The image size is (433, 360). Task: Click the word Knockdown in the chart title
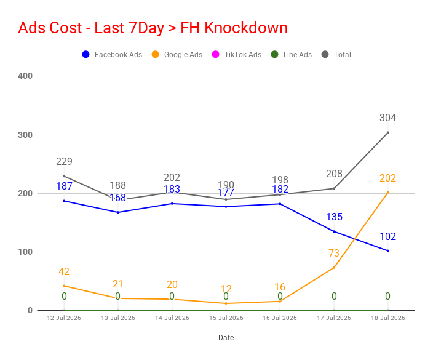point(246,28)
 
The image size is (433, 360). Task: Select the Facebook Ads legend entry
point(112,54)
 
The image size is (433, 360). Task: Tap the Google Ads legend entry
point(177,54)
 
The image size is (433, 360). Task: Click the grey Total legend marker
point(325,54)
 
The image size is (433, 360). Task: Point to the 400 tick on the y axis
point(25,76)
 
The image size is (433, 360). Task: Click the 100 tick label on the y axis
point(25,252)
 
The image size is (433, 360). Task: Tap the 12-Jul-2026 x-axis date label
point(64,318)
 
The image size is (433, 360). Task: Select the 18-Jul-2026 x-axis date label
point(387,318)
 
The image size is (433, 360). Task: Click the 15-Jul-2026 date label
point(226,318)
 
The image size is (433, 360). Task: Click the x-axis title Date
point(226,338)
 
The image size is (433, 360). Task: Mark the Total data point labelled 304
point(388,133)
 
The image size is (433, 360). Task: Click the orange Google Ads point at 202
point(388,192)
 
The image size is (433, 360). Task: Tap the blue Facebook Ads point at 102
point(388,251)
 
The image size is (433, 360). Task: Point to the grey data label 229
point(64,161)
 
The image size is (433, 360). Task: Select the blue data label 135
point(334,217)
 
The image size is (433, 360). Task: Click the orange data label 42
point(64,271)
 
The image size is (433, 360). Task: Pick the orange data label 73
point(334,253)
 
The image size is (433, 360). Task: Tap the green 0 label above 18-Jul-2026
point(387,296)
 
